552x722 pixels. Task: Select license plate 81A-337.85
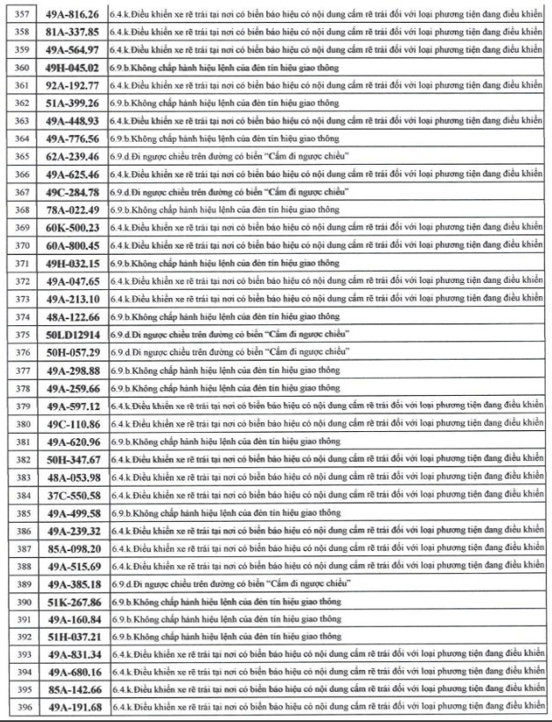72,32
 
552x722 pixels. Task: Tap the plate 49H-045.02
72,68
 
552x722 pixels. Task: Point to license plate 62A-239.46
72,156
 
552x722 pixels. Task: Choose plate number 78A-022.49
72,210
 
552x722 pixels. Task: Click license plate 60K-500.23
72,227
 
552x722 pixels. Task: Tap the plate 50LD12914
72,335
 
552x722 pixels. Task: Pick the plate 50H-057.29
72,353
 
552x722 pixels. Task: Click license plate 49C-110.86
72,424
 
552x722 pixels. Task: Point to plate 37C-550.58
72,495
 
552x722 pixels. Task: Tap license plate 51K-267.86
72,602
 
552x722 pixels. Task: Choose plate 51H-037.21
72,636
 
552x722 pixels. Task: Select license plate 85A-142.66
72,690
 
